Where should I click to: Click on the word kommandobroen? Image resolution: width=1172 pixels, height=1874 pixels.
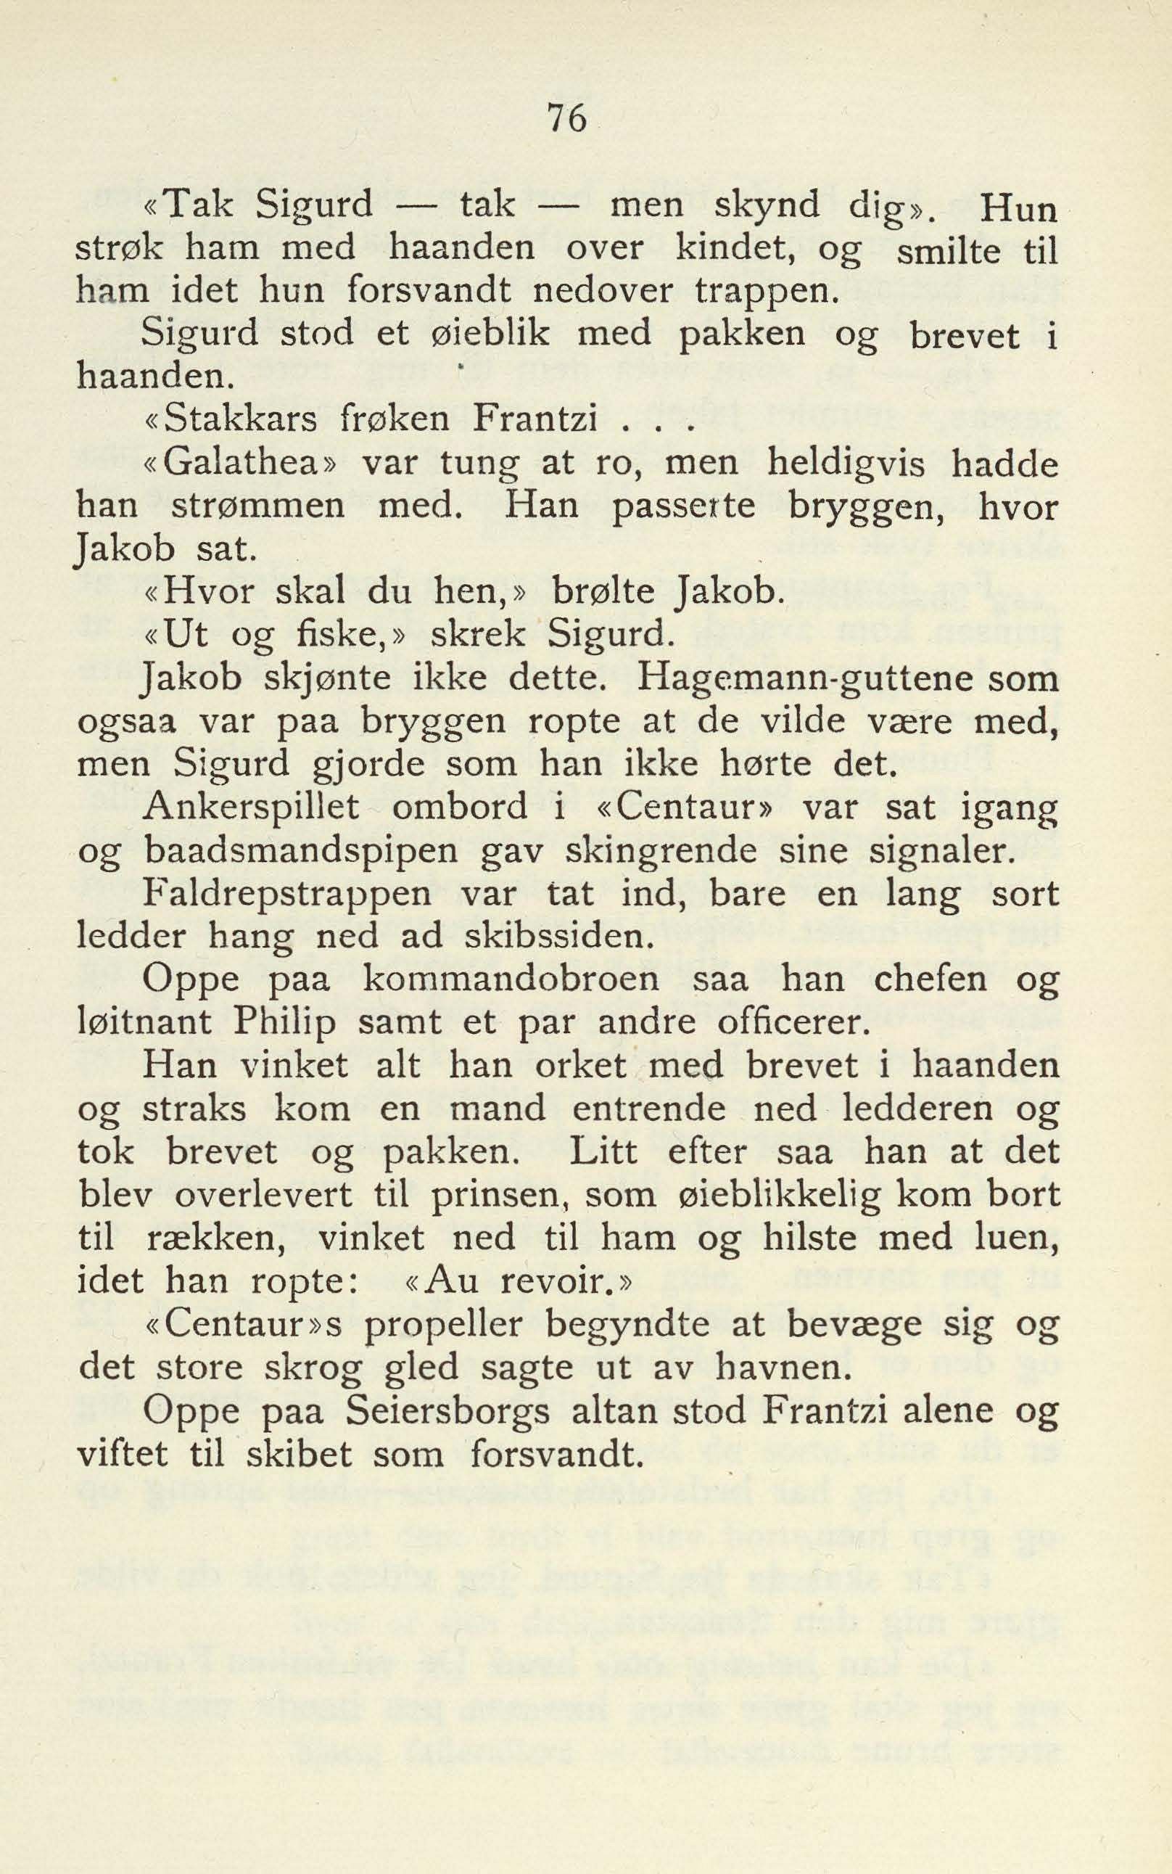pos(511,980)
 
